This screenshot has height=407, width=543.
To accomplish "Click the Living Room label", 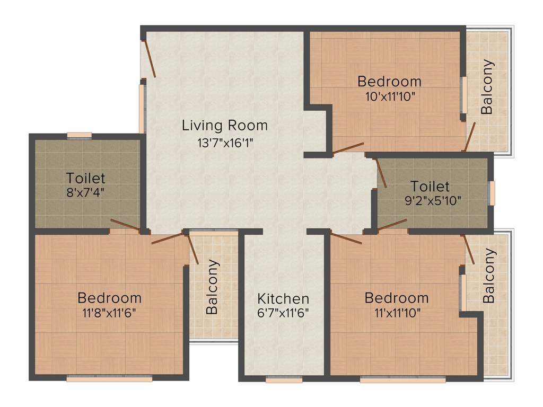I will tap(225, 126).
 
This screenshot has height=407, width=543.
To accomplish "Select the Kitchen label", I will tap(283, 298).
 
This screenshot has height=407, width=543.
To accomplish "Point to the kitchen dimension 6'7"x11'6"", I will tap(283, 313).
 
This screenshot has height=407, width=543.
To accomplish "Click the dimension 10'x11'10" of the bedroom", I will tap(389, 96).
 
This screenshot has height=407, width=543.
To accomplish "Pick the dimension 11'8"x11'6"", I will tap(109, 313).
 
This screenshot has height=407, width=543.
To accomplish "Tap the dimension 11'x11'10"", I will tap(397, 313).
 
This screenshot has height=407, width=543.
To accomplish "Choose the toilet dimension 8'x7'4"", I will tap(85, 192).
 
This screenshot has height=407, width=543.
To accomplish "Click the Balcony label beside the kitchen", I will tap(212, 287).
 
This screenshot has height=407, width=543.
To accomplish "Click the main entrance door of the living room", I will tap(149, 58).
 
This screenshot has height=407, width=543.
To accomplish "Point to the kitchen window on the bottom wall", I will tap(284, 379).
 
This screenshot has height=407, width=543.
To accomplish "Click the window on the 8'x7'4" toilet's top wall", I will tap(79, 135).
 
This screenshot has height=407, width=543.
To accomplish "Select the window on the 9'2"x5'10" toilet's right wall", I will tap(492, 193).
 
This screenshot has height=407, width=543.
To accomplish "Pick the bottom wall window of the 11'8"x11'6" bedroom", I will tap(109, 379).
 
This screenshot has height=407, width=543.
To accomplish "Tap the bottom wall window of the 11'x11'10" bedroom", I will tap(402, 379).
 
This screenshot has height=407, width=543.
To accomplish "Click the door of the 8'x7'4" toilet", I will tap(125, 226).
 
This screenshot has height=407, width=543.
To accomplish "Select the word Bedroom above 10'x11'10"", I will tap(389, 82).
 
